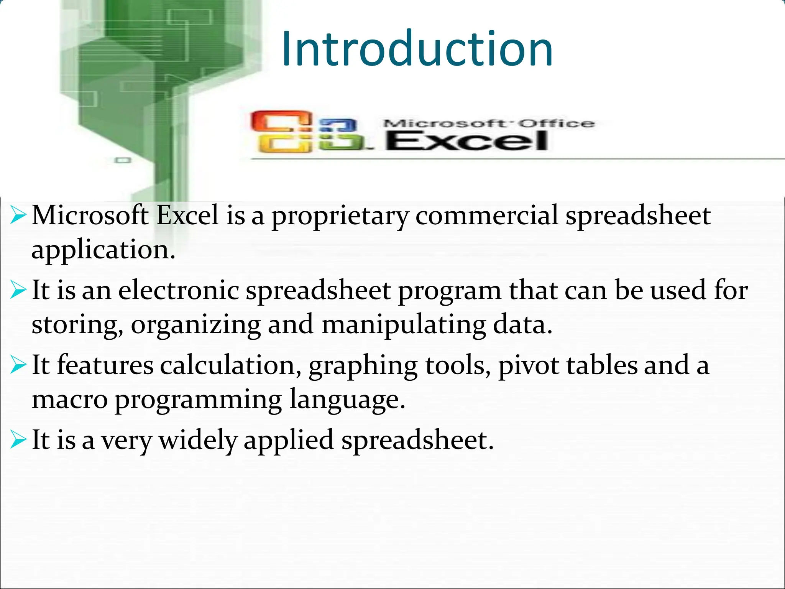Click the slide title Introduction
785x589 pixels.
click(x=417, y=49)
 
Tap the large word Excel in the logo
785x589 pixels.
click(x=467, y=141)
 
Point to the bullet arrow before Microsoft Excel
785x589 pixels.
click(x=18, y=215)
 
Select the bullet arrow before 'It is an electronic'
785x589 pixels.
click(x=18, y=290)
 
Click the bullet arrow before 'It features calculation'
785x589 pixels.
click(x=18, y=365)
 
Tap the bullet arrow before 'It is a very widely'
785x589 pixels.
click(x=18, y=439)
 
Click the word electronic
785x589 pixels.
click(x=179, y=290)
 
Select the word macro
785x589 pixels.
click(x=69, y=400)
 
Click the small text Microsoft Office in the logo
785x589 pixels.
click(x=489, y=123)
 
